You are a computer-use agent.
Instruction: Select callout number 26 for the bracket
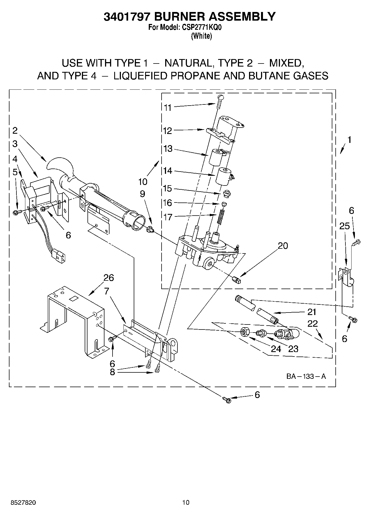coord(109,278)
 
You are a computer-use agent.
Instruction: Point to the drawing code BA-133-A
coord(306,376)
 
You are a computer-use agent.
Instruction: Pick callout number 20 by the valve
coord(283,246)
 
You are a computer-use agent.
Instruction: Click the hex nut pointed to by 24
coord(245,332)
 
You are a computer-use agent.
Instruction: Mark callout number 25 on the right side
coord(344,226)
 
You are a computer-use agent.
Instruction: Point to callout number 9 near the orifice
coord(142,194)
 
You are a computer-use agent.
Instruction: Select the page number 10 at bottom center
coord(186,502)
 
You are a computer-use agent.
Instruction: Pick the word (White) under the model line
coord(201,36)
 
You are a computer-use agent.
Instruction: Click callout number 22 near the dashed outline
coord(313,323)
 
